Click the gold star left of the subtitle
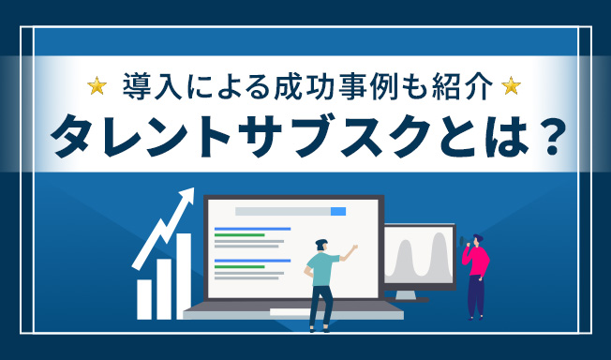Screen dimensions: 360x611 tap(96, 87)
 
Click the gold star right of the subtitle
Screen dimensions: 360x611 tap(511, 87)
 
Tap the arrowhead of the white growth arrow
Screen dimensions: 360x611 tap(188, 198)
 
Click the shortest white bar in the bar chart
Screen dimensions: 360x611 tap(144, 297)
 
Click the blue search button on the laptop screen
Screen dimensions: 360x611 tap(338, 211)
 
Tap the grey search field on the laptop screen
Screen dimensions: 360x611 tap(281, 211)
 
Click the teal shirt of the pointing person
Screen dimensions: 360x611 tap(321, 268)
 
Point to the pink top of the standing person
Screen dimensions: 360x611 tap(477, 262)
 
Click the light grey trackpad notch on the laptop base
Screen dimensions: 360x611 tap(292, 307)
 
